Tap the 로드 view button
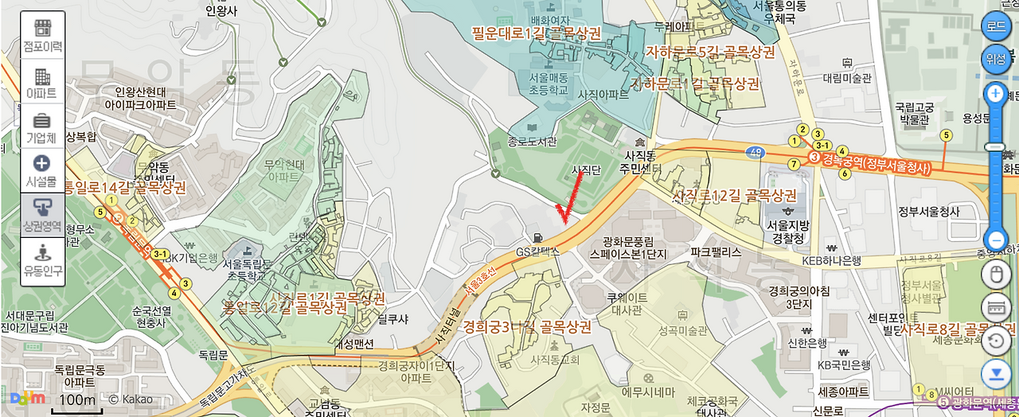995,25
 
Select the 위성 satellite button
995,57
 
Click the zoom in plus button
995,94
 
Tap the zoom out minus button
995,239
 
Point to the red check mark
569,199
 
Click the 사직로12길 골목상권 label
734,195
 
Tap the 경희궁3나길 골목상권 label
527,327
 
